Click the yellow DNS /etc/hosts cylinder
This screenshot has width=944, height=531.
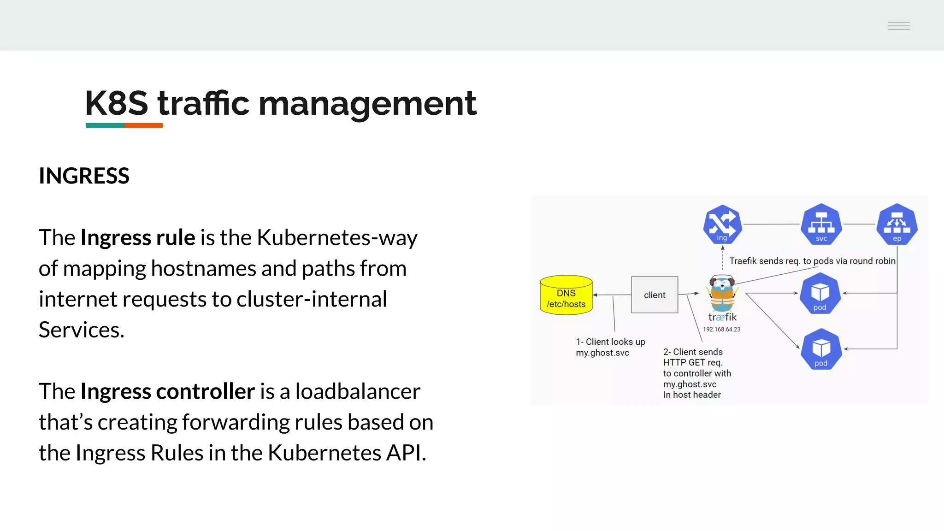pos(566,295)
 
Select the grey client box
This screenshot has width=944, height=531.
pos(655,295)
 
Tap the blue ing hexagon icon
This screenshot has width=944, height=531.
pos(722,224)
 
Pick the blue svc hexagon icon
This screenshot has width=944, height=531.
pos(821,224)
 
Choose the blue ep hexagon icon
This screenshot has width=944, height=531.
pos(897,224)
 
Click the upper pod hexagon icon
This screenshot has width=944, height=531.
pos(820,293)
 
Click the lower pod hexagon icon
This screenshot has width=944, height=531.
pos(821,349)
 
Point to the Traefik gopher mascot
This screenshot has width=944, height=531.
pos(722,293)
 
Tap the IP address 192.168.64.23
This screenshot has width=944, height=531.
pos(721,329)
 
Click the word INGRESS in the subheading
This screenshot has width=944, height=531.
pos(84,176)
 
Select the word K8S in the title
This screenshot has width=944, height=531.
pos(116,103)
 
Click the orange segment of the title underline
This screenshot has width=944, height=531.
pos(143,125)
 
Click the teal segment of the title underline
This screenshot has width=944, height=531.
pos(105,125)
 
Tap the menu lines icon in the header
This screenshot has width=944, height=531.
pos(898,26)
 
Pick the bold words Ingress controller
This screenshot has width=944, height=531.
pos(167,391)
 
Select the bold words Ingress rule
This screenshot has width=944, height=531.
pos(138,237)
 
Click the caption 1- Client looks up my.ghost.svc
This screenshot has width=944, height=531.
pos(610,347)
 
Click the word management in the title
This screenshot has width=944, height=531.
pos(367,103)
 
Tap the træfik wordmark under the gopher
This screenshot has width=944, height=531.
pos(722,317)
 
